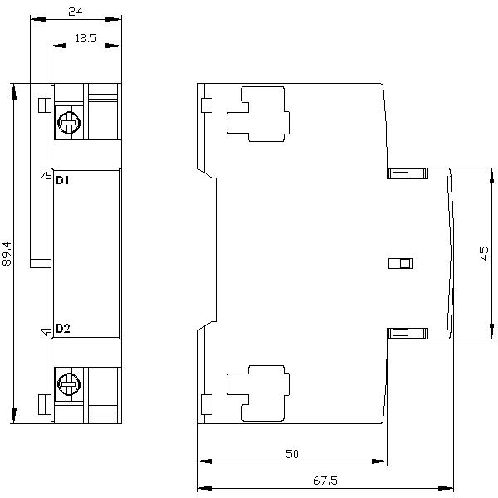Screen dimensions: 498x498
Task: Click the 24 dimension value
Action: click(x=76, y=13)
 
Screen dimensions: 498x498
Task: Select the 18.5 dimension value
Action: click(x=85, y=38)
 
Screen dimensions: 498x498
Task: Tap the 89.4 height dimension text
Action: click(x=7, y=253)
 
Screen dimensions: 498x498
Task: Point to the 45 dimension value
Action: click(x=485, y=252)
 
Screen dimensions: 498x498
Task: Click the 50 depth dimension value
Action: click(x=291, y=453)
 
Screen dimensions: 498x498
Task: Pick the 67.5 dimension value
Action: click(x=326, y=481)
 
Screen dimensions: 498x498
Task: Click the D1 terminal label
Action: click(x=62, y=179)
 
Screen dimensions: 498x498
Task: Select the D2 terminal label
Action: click(x=62, y=329)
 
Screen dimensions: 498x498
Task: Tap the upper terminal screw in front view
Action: click(x=67, y=124)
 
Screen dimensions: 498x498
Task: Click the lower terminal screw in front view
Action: click(x=67, y=383)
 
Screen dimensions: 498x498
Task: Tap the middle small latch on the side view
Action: click(x=400, y=264)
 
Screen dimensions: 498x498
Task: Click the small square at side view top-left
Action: click(x=207, y=105)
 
